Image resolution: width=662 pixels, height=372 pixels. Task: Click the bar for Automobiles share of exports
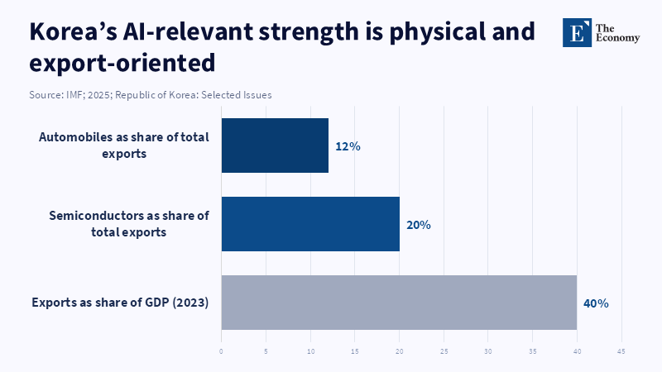(x=275, y=145)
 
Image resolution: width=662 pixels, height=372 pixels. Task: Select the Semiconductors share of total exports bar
(x=310, y=224)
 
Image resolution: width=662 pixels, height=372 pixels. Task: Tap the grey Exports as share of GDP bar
(x=399, y=303)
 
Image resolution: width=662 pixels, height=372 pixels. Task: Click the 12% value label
(x=348, y=146)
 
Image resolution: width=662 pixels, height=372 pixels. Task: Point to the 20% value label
(x=418, y=225)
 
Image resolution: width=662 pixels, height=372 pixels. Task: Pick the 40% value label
(x=596, y=303)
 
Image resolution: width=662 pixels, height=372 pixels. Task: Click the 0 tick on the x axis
(x=222, y=351)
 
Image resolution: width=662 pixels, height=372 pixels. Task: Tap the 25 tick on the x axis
(x=444, y=351)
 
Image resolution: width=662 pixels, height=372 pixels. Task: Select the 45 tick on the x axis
(x=621, y=351)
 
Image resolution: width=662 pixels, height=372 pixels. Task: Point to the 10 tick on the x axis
(x=310, y=351)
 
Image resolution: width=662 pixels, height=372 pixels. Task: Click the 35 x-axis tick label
(x=533, y=351)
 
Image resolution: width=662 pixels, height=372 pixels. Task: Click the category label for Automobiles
(x=123, y=145)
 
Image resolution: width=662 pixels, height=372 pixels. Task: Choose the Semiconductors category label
(x=128, y=224)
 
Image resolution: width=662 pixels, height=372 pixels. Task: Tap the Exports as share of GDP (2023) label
(x=120, y=303)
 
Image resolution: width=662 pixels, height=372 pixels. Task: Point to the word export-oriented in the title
(x=122, y=62)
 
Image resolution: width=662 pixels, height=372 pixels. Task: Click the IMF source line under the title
(x=150, y=95)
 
